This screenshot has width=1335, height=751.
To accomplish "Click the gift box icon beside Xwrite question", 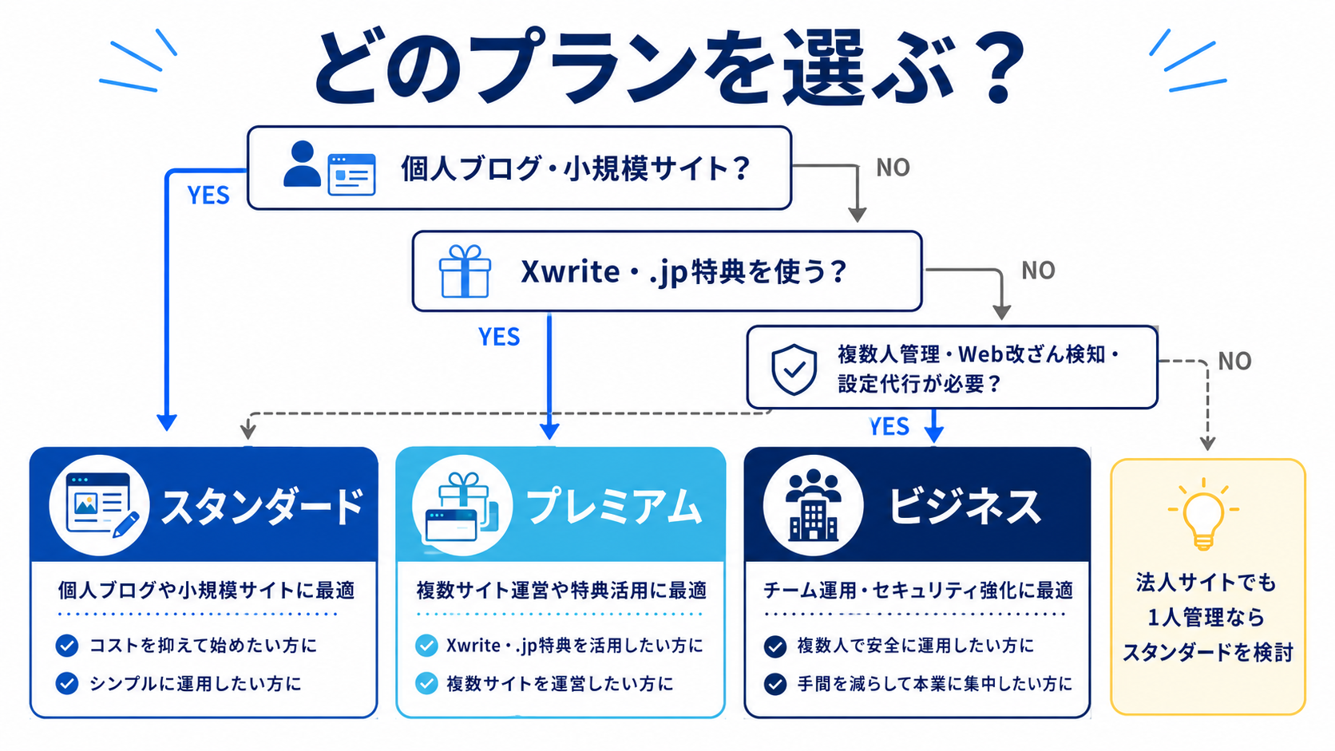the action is click(x=465, y=271).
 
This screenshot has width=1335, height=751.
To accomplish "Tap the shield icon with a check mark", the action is click(x=794, y=370).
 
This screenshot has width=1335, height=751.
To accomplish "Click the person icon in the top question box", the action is click(x=302, y=164).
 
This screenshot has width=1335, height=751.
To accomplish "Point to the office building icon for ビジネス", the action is click(x=813, y=505).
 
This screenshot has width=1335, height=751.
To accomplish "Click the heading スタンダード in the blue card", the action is click(x=262, y=508).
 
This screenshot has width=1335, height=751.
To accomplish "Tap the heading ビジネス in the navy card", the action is click(x=965, y=508).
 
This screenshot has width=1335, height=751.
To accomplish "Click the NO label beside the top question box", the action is click(x=893, y=168).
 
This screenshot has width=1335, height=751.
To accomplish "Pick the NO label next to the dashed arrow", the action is click(x=1234, y=361).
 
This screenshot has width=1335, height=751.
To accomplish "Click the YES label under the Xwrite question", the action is click(x=499, y=337).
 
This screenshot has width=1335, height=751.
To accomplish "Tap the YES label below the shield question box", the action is click(x=889, y=426).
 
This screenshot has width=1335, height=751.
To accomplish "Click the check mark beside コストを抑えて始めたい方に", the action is click(x=67, y=646).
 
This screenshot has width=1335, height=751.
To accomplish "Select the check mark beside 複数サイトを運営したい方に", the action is click(x=426, y=684).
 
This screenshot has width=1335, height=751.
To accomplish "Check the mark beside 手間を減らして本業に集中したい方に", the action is click(x=774, y=684).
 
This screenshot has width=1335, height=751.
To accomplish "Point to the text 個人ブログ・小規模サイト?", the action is click(x=575, y=168).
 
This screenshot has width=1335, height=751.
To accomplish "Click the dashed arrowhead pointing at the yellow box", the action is click(x=1207, y=443).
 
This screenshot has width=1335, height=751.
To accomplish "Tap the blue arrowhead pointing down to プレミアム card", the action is click(x=549, y=432).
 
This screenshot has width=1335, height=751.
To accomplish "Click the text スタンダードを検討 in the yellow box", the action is click(x=1207, y=652).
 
